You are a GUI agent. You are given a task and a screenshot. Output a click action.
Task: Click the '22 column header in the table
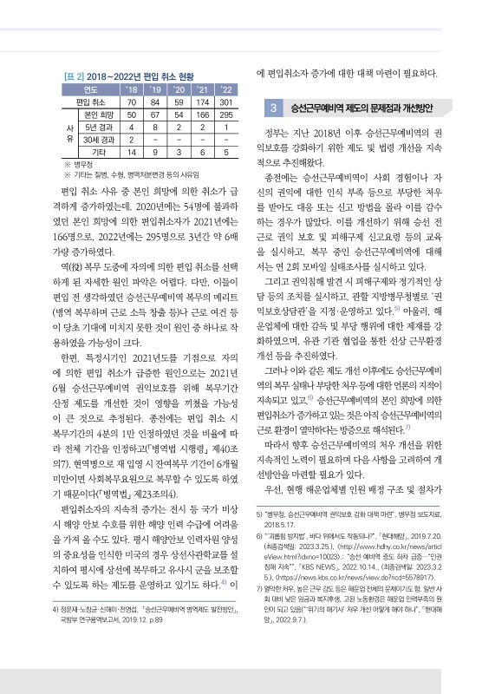coord(225,88)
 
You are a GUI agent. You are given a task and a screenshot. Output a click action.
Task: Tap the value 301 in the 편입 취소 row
coord(225,101)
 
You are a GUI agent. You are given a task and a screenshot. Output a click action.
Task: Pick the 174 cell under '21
coord(202,101)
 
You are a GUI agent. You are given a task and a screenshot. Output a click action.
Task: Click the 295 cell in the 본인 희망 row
coord(225,114)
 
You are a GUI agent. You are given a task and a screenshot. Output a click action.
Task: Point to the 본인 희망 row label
coord(96,114)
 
